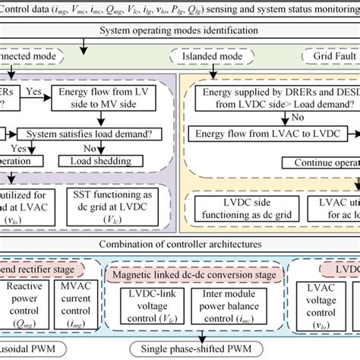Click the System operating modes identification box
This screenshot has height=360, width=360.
click(180, 31)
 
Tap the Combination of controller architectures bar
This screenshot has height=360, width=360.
click(180, 245)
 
